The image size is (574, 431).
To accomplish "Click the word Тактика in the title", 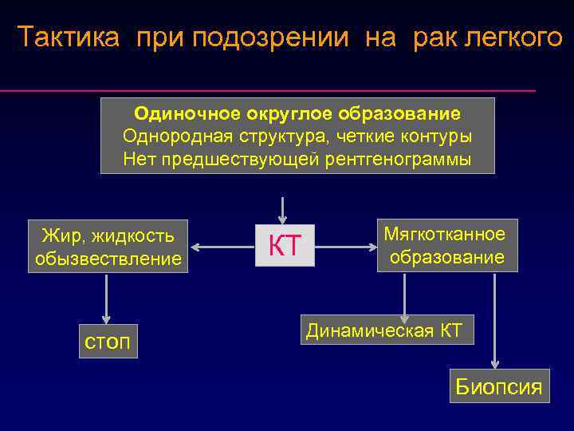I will click(71, 38).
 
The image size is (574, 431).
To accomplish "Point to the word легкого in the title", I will click(515, 38).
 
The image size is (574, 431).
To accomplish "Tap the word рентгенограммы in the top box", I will click(398, 159).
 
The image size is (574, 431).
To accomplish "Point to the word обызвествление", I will click(108, 259).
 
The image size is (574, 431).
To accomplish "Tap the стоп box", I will click(108, 341).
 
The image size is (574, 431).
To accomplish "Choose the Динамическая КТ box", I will click(387, 330).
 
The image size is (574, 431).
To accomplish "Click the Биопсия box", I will click(498, 387).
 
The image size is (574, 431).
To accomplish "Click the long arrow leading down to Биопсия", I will click(496, 319).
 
